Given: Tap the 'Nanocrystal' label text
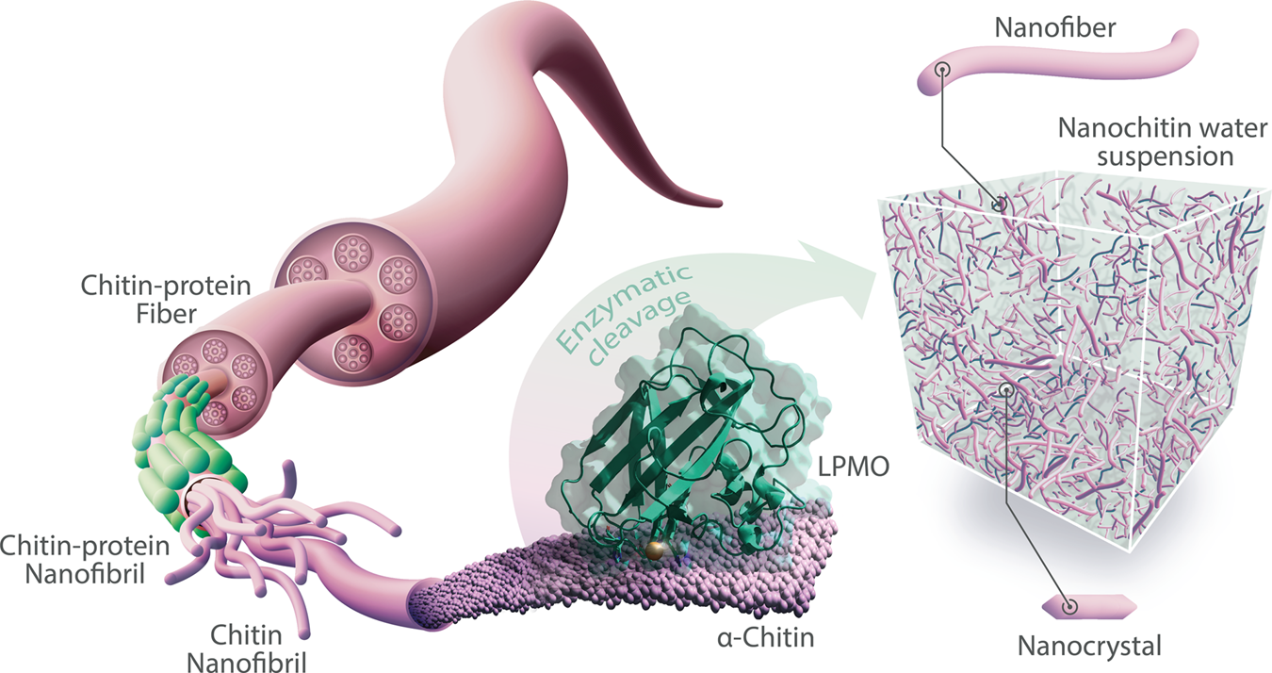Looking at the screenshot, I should tap(1089, 647).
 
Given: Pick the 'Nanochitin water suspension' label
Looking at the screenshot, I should tap(1145, 140).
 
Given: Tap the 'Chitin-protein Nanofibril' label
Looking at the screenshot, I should tap(85, 558).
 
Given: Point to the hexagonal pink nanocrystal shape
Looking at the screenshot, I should tap(1089, 607).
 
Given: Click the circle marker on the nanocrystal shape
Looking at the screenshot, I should tap(1068, 608).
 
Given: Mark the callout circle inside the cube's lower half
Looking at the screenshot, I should tap(1008, 388).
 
